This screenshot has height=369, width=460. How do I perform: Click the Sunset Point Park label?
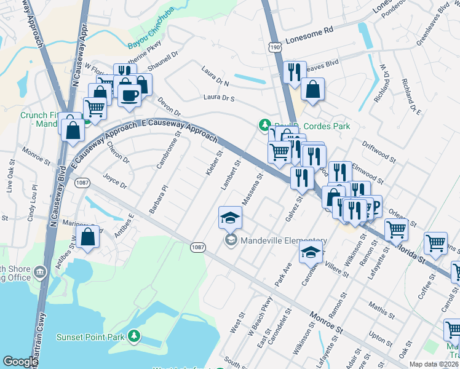tap(91, 337)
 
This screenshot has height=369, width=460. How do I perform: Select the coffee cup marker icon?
tap(130, 95)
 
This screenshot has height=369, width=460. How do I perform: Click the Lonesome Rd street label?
tap(307, 29)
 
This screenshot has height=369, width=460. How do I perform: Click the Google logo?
tap(20, 362)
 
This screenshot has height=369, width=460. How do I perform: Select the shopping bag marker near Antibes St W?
tap(88, 237)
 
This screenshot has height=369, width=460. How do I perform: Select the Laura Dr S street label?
tap(223, 98)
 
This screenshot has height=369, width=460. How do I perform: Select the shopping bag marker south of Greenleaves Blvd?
tap(313, 90)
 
